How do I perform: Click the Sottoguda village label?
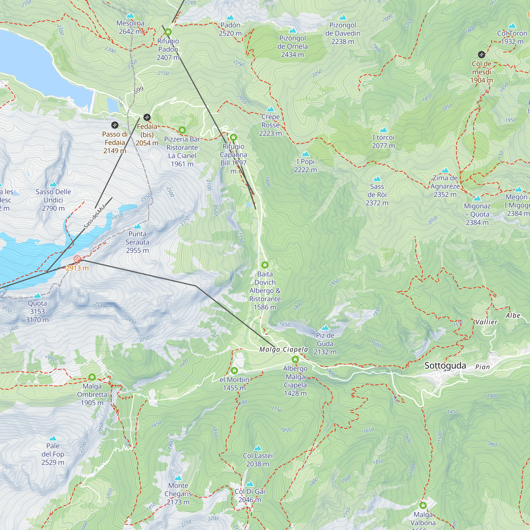(445, 366)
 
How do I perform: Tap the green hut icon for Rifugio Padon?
(168, 32)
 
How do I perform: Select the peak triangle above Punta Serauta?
(138, 226)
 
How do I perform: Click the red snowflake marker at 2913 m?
(77, 259)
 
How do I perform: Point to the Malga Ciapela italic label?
(283, 350)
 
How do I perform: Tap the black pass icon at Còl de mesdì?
(482, 54)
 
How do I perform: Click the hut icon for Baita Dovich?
(265, 265)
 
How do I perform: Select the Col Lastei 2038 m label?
(258, 460)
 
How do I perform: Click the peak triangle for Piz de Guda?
(325, 328)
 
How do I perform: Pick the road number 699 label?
(139, 90)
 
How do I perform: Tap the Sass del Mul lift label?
(95, 217)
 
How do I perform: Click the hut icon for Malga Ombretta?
(92, 377)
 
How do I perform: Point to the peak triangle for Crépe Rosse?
(271, 109)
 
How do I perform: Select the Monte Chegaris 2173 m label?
(178, 494)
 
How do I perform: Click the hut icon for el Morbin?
(234, 371)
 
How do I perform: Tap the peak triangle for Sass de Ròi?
(377, 179)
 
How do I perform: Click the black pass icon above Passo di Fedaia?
(115, 125)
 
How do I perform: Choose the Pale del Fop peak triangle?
(53, 438)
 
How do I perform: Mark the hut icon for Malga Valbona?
(423, 505)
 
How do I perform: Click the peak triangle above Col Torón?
(512, 26)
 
